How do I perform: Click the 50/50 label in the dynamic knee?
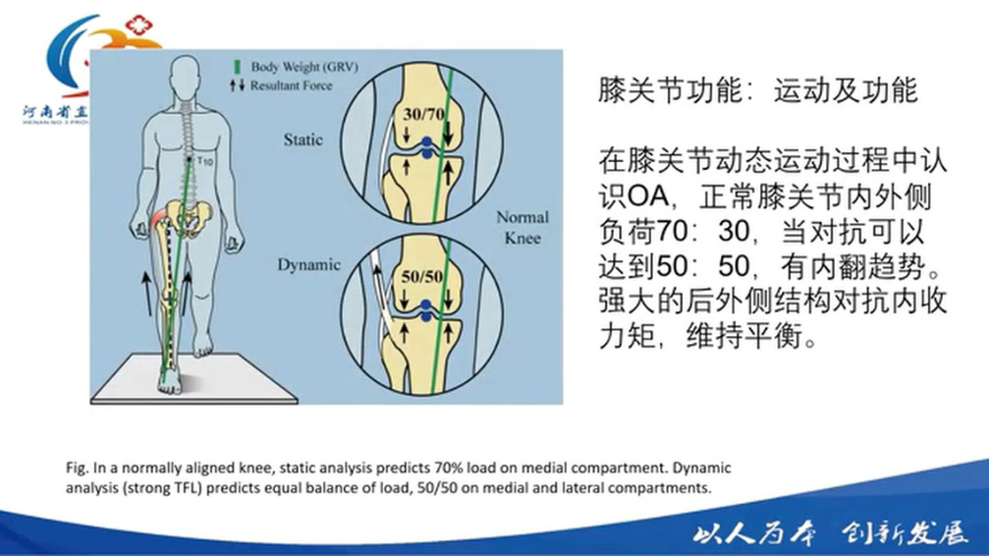(x=426, y=276)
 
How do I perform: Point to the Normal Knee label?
(x=522, y=227)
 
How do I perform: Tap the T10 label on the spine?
(x=204, y=160)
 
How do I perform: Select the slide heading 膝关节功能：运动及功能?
(x=758, y=91)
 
